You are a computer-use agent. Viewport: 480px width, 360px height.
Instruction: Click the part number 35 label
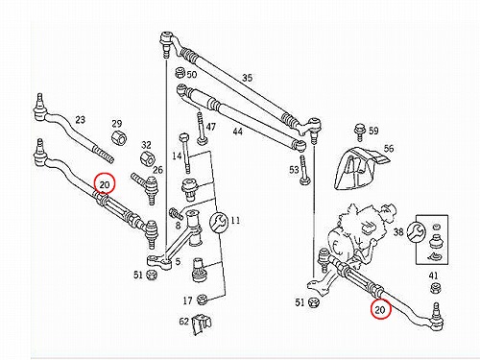(247, 78)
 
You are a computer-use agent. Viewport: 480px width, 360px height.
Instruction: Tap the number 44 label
(237, 132)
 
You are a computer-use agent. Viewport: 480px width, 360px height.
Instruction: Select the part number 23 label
(81, 120)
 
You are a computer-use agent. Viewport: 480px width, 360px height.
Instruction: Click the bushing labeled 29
(119, 137)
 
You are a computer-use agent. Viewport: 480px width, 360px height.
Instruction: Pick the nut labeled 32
(148, 157)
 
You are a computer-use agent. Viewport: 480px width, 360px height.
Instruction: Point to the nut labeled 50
(180, 73)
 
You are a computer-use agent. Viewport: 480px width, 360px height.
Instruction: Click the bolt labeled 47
(201, 127)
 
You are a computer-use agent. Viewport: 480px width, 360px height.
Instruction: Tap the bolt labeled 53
(304, 170)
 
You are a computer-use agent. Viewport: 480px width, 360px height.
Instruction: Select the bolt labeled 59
(359, 132)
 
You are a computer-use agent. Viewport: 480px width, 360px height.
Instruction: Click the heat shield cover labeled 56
(358, 169)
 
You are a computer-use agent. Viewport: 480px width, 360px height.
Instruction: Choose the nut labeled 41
(435, 288)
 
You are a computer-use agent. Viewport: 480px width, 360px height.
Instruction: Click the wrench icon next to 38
(417, 231)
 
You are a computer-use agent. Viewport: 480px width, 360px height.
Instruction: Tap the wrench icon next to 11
(219, 222)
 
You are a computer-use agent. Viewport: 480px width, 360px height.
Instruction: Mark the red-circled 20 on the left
(105, 183)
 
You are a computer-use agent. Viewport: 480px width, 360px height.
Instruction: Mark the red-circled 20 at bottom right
(380, 308)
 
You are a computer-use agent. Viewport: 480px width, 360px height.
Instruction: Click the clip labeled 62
(202, 324)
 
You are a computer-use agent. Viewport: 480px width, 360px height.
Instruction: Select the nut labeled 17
(202, 300)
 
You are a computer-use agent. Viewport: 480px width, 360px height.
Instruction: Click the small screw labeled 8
(176, 213)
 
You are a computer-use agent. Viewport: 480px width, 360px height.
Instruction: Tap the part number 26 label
(157, 170)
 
